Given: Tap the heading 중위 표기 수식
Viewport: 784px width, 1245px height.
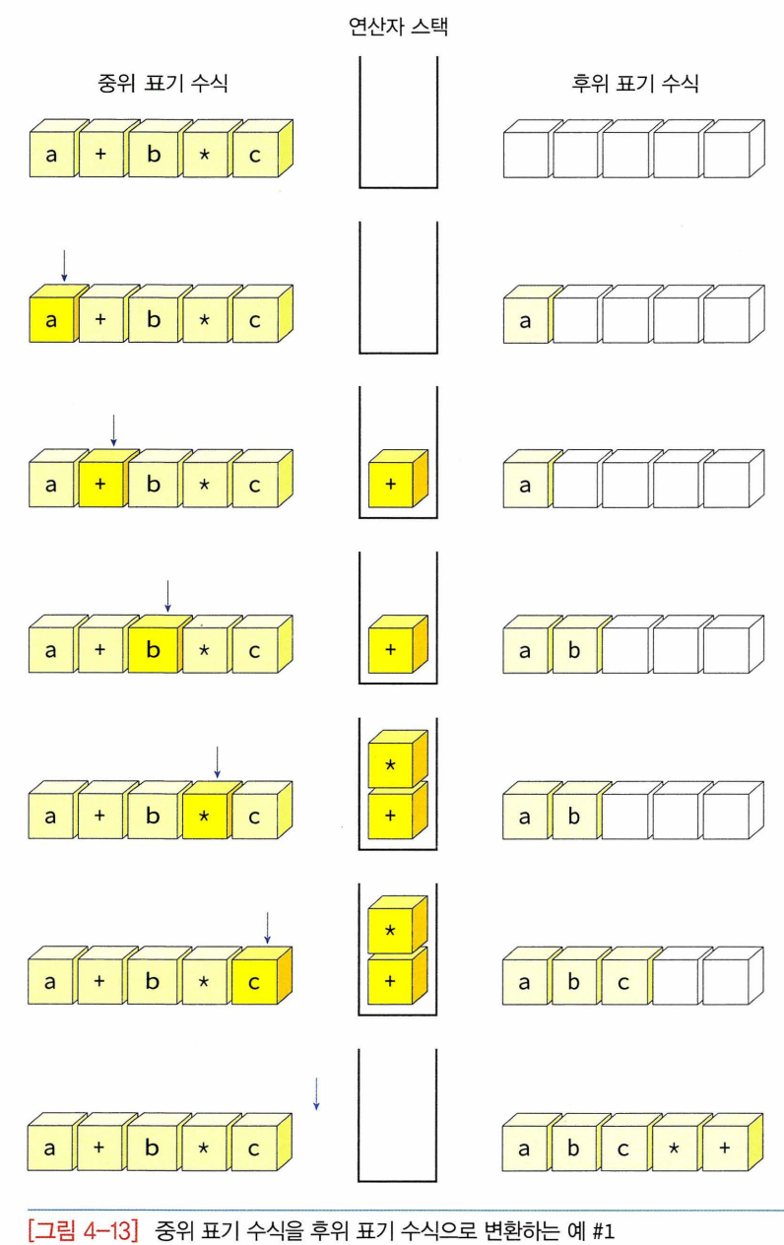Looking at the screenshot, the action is [164, 83].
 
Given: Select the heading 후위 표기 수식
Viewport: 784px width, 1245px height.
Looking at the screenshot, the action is [635, 83].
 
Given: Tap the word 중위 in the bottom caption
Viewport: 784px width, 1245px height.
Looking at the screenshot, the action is [173, 1230].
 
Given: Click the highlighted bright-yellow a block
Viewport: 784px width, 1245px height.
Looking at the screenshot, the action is [51, 319].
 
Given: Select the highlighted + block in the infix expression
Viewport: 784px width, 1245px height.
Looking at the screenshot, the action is [102, 485].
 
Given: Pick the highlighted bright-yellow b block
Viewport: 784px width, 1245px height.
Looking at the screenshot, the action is [153, 650].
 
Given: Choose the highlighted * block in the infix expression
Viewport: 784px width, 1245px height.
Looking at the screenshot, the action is [205, 816].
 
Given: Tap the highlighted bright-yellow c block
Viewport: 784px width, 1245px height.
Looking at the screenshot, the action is [255, 981].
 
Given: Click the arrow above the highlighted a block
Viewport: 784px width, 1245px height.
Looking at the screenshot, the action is [64, 264].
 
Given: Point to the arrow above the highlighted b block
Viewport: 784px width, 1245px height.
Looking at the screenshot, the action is [167, 595].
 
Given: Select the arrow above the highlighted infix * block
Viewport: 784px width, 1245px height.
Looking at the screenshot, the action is [218, 760].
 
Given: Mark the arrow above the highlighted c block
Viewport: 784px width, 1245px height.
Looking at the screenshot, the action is [268, 926].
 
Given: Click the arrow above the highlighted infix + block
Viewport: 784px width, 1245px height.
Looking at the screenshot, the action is [114, 429].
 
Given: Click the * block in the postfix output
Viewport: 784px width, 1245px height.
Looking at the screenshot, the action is [676, 1148].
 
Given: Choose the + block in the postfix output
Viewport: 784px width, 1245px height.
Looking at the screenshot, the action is [725, 1148].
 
